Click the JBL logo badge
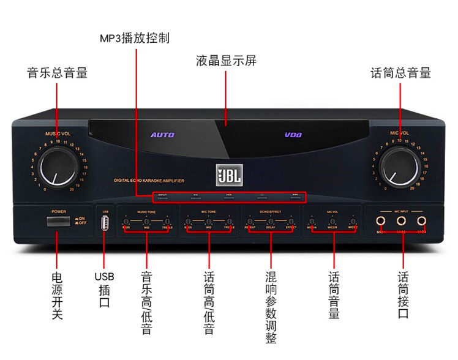(x=228, y=175)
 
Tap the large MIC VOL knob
(x=399, y=167)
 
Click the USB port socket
(x=105, y=226)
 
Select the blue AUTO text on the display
(x=162, y=135)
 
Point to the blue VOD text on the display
(x=293, y=135)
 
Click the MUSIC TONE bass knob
(x=126, y=221)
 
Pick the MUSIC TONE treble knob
(x=167, y=221)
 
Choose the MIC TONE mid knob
(x=209, y=221)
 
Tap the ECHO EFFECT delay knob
(x=270, y=221)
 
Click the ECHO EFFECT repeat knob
(x=250, y=221)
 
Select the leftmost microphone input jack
(x=381, y=220)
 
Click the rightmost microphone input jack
(x=421, y=220)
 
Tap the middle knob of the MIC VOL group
(x=332, y=221)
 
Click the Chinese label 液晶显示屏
(x=226, y=61)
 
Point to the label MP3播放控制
(x=135, y=38)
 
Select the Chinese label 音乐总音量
(x=58, y=73)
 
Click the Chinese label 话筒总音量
(x=400, y=73)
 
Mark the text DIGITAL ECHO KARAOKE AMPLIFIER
(x=149, y=181)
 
